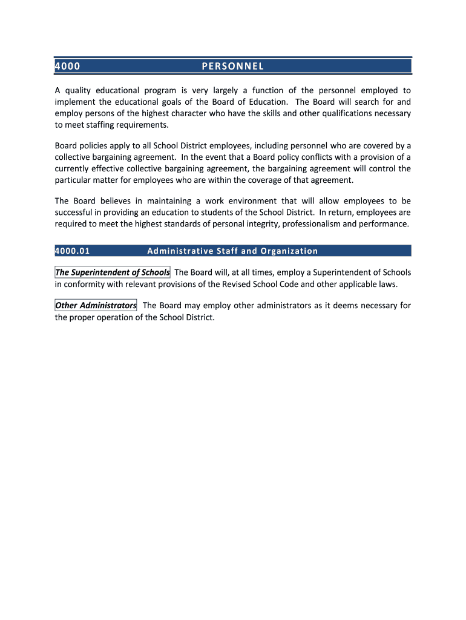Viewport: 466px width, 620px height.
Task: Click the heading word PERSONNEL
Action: [232, 66]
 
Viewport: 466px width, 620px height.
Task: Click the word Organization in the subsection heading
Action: [289, 251]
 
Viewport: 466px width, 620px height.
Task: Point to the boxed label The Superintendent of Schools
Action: [113, 272]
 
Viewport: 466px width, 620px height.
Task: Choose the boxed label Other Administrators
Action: [96, 306]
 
